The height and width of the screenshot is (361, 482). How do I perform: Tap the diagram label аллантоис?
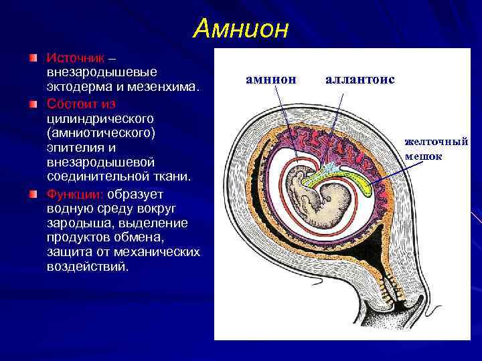tap(359, 80)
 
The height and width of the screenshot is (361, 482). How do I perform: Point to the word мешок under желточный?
tap(423, 156)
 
